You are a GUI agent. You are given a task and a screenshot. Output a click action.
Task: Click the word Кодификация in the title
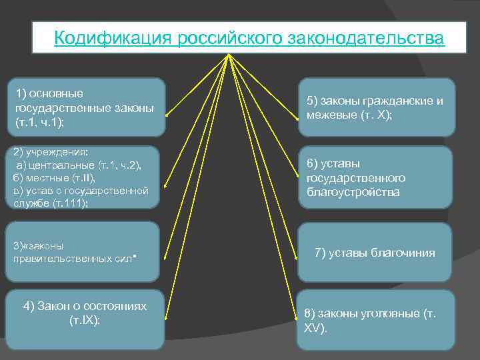coord(113,38)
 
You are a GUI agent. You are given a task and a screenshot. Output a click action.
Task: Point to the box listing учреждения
coord(86,177)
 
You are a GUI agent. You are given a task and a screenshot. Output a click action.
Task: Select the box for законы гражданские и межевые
coord(376,107)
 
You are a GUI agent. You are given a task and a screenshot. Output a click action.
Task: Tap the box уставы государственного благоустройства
coord(376,177)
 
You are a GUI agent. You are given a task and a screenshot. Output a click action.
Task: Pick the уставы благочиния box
coord(376,253)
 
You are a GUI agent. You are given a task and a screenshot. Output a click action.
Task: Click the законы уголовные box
coord(376,320)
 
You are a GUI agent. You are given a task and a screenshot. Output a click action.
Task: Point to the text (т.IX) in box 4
coord(85,320)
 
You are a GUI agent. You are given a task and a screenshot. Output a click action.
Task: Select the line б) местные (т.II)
coord(55,179)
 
